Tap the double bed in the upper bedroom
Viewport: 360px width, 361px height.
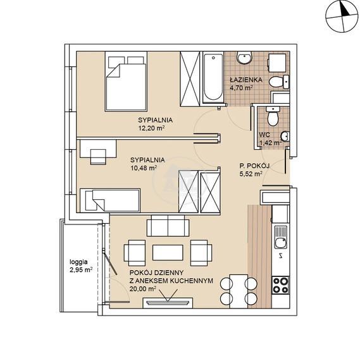[x=126, y=82]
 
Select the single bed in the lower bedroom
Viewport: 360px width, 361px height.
[x=110, y=200]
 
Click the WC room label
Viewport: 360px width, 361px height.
[x=264, y=135]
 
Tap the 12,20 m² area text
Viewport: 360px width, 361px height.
[x=152, y=128]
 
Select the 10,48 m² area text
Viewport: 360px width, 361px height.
[x=144, y=168]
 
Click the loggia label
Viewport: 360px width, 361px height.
[x=78, y=262]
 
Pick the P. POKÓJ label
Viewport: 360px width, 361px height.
[x=254, y=166]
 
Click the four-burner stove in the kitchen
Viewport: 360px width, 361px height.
[x=280, y=285]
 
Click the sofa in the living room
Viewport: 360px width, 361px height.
[x=168, y=226]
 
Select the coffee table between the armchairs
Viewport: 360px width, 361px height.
[x=168, y=252]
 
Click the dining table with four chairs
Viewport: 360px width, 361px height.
[x=239, y=291]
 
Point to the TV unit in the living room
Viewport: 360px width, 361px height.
[x=168, y=303]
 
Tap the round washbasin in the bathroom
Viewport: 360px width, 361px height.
[x=244, y=58]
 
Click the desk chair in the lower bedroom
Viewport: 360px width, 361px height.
[x=98, y=157]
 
